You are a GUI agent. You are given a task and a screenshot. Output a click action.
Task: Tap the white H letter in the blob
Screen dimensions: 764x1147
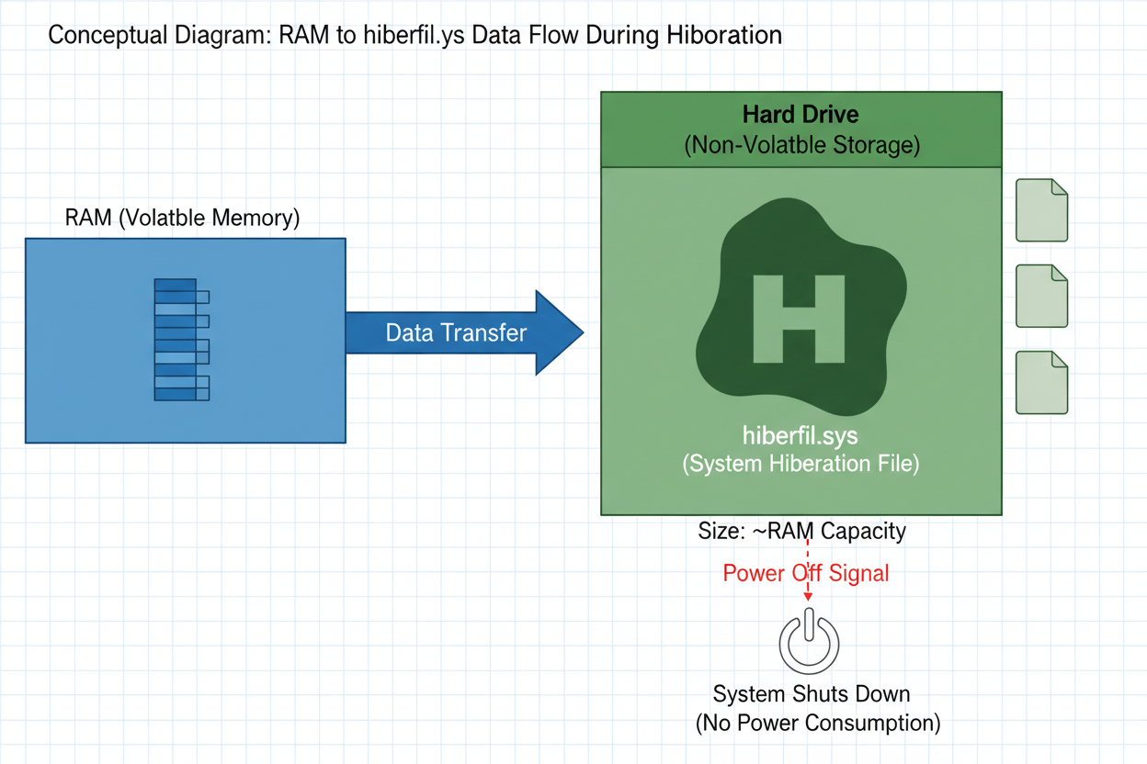798,317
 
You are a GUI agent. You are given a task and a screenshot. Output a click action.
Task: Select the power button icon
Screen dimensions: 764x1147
809,642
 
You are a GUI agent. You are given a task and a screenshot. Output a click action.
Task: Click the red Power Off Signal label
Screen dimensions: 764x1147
806,574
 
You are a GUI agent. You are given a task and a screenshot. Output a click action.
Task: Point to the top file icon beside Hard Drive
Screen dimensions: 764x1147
1041,210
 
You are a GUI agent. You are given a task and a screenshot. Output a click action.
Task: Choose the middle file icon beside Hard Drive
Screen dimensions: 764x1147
1041,296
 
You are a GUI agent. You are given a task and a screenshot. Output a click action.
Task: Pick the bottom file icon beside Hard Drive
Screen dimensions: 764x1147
1041,382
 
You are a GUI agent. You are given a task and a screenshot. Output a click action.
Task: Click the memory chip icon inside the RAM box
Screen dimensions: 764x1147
181,340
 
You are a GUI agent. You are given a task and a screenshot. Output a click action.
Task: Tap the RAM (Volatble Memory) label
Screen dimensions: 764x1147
182,219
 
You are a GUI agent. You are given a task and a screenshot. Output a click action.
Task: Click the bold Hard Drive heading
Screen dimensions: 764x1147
801,116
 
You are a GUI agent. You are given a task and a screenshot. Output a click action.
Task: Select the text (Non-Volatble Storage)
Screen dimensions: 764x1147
801,145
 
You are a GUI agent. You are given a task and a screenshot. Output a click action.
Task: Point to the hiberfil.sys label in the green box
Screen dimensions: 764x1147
801,434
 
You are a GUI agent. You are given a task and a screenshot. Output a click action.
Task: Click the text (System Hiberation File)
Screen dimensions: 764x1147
801,464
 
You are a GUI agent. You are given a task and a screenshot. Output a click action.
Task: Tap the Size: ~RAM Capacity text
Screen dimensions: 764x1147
801,531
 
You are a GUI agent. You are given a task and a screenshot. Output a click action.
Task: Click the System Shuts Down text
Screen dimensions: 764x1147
812,693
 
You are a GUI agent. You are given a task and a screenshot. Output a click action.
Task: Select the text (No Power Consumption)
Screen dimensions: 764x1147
817,723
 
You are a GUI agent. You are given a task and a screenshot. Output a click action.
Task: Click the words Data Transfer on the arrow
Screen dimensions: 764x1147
456,332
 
